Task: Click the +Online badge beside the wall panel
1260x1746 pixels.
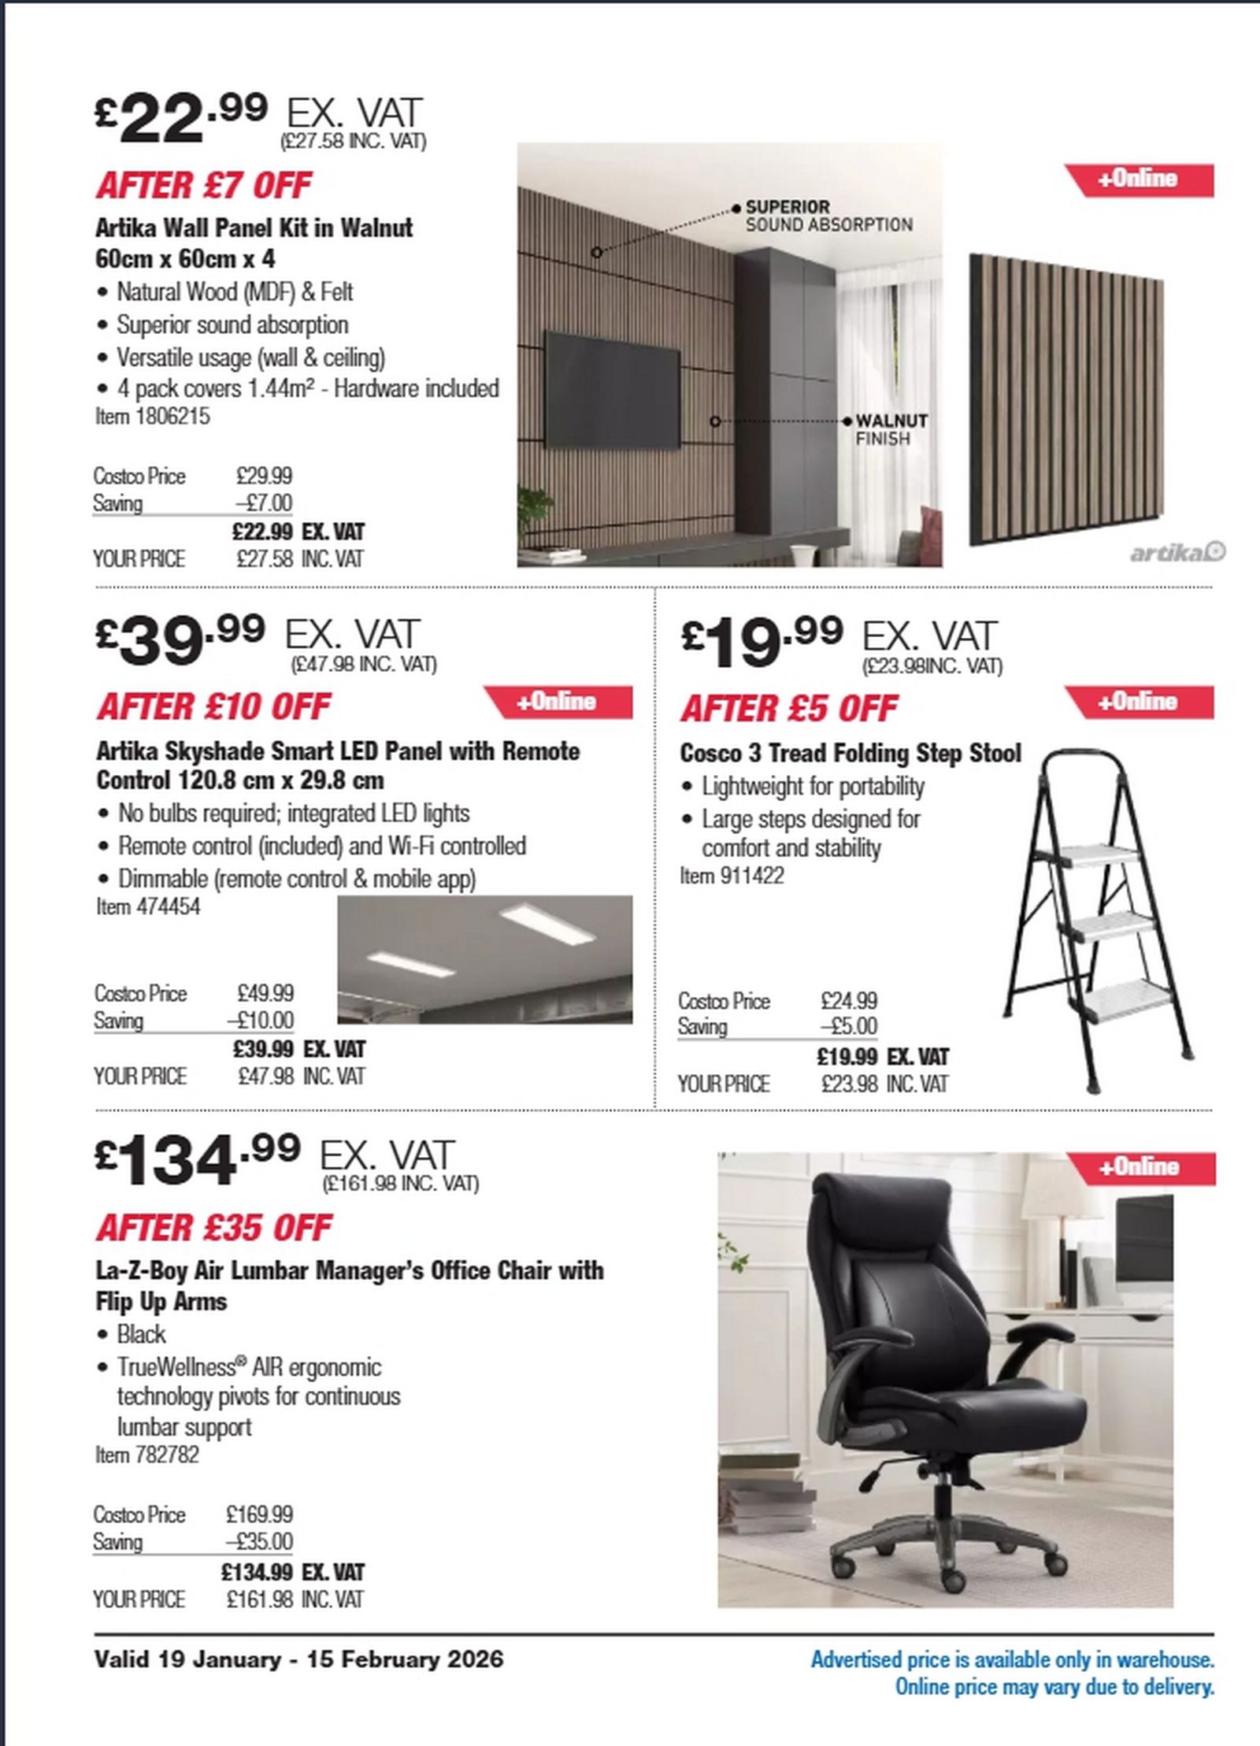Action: coord(1140,180)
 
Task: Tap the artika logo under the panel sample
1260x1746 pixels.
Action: coord(1177,554)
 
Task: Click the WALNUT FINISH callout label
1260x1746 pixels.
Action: coord(891,429)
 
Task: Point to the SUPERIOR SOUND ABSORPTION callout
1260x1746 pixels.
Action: coord(828,216)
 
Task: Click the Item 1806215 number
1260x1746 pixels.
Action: coord(153,417)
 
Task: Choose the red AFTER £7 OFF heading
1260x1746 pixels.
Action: coord(204,186)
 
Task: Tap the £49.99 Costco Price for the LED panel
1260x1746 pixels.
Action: coord(265,993)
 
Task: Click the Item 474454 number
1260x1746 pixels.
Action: coord(148,906)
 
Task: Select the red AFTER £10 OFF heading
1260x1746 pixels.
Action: coord(213,707)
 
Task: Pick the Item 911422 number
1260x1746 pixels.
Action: coord(732,876)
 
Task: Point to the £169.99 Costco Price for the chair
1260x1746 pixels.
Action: coord(259,1514)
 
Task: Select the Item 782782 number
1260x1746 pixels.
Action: coord(147,1455)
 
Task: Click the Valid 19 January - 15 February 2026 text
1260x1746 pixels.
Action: coord(298,1660)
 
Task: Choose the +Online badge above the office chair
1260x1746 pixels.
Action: coord(1140,1166)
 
